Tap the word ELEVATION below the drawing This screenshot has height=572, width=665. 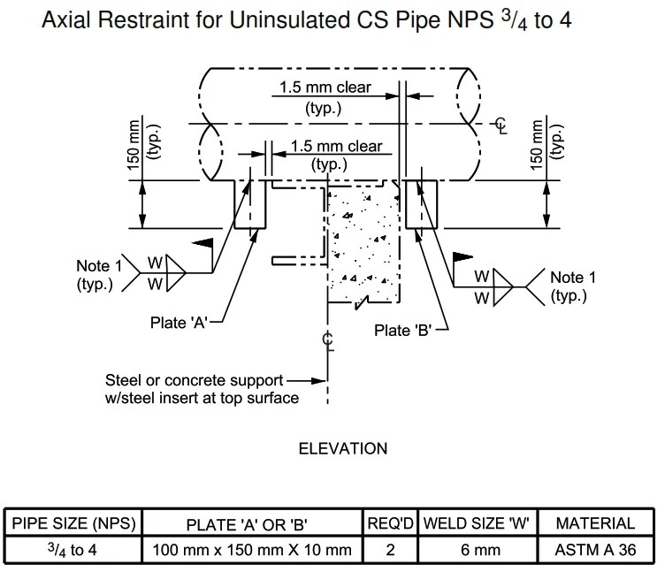pos(342,448)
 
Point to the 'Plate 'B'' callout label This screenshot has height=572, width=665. pos(402,331)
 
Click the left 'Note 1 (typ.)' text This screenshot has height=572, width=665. pos(95,274)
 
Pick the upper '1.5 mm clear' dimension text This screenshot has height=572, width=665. pos(325,88)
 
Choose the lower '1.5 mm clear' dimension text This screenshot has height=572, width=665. pos(337,146)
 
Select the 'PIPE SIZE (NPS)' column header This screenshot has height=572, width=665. pos(73,523)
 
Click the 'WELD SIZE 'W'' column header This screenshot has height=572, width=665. pos(476,523)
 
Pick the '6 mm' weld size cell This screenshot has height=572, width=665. pos(476,549)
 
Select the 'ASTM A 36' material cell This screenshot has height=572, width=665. pos(595,549)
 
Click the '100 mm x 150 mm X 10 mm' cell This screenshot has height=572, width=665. pos(254,549)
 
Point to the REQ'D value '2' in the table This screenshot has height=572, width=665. pos(390,549)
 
